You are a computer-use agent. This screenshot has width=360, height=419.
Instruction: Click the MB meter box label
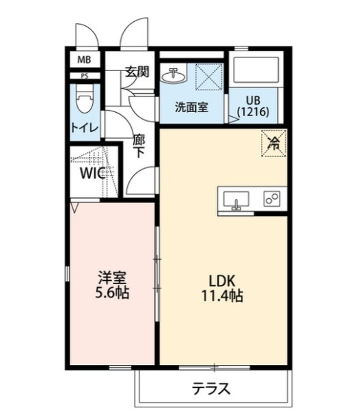click(84, 60)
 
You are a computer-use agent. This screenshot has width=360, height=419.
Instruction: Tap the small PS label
click(85, 76)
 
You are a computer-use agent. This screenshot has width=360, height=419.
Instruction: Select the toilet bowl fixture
click(85, 99)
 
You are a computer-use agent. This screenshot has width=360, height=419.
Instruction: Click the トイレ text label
click(85, 128)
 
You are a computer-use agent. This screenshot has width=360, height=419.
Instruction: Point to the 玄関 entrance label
click(137, 72)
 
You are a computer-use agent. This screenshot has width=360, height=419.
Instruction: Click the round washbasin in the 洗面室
click(173, 76)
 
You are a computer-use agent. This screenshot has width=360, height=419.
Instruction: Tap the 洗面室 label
click(191, 107)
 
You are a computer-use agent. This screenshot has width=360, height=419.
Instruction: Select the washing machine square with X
click(209, 77)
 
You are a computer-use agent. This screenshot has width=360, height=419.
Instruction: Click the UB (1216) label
click(253, 107)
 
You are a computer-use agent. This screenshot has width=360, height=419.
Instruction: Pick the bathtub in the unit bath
click(256, 68)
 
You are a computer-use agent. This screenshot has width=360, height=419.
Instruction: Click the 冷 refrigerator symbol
click(274, 144)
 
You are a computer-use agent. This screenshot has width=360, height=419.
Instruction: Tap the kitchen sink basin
click(236, 200)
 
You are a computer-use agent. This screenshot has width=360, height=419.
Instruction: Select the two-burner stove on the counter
click(272, 198)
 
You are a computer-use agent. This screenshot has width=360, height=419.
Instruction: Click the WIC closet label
click(93, 174)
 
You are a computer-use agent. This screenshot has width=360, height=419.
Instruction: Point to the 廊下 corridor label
click(139, 146)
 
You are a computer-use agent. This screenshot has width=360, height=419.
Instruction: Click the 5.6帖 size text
click(113, 293)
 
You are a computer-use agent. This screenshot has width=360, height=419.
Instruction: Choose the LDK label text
click(221, 281)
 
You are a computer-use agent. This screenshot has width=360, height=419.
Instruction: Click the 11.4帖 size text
click(222, 296)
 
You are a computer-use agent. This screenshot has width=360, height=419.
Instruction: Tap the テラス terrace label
click(211, 389)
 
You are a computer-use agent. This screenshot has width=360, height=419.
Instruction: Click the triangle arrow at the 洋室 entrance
click(74, 207)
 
